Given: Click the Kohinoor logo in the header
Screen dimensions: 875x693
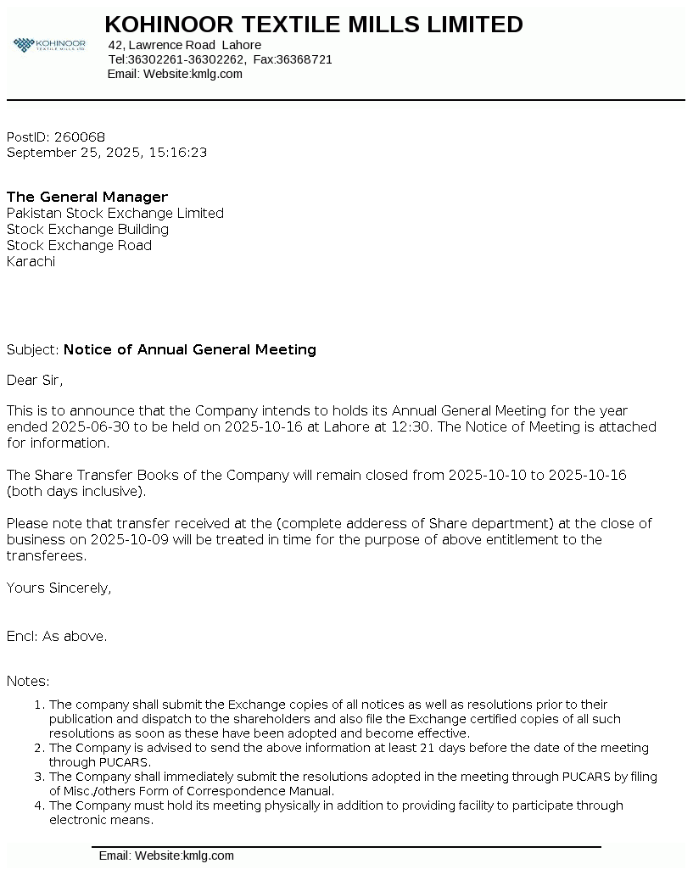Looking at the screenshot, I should [49, 44].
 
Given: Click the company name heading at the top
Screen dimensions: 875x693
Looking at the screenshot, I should [314, 25].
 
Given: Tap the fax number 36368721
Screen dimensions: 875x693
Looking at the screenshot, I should [305, 59].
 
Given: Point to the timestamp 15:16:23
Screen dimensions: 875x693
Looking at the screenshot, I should [177, 153].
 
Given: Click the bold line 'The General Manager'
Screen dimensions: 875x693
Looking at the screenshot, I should [87, 197].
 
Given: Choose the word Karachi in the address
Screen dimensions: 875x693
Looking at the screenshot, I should [31, 261].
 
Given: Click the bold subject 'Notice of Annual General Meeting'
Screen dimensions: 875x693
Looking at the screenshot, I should [190, 349].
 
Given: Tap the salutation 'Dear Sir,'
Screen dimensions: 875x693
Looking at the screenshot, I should [35, 380].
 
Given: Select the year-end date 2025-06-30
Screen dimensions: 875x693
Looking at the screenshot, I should [90, 426].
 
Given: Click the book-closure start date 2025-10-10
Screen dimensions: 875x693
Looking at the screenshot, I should [487, 475].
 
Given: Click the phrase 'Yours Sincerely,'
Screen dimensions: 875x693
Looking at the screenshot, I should [59, 588].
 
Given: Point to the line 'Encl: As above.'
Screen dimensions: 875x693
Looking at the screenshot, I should [57, 636].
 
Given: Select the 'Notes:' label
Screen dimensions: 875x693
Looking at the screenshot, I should [28, 681].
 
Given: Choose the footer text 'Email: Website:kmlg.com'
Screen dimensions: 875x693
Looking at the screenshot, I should [166, 855].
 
